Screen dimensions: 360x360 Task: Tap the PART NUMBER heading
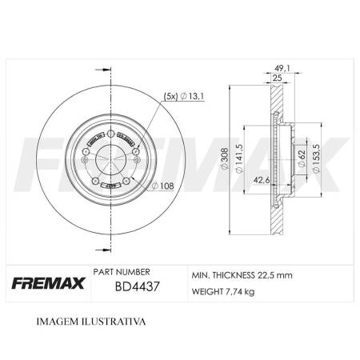click(122, 272)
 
